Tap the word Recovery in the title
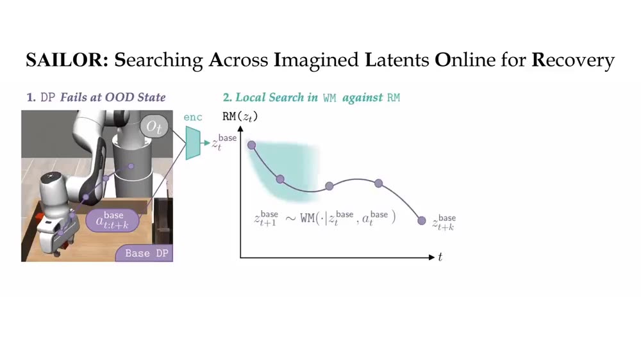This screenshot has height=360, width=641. coord(573,60)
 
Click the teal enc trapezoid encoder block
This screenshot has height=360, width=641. coord(193,143)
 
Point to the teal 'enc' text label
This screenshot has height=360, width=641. coord(193,117)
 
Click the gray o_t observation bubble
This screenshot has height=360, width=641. coord(154,127)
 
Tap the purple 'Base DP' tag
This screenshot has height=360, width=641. coord(144,254)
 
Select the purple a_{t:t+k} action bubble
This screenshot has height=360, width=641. coord(112,220)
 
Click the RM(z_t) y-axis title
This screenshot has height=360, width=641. coord(240,117)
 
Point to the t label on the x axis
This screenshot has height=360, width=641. coord(440,257)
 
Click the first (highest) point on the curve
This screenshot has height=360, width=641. coord(251,145)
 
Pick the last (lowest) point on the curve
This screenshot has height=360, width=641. coord(422,221)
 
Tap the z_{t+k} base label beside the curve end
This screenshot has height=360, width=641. coord(444,223)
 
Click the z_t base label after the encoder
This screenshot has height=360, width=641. coord(224,142)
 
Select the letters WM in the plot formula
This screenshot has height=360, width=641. coord(308,218)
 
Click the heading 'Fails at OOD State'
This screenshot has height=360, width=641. coord(113,97)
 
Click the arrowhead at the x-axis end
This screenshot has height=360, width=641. coord(431,258)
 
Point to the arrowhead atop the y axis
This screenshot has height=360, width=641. coord(240,129)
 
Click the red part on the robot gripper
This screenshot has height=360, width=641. coord(39,215)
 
